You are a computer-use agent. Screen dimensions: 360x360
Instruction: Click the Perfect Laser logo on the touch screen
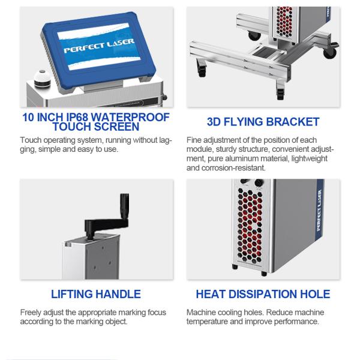coord(99,46)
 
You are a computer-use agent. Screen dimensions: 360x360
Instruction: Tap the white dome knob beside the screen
coord(42,78)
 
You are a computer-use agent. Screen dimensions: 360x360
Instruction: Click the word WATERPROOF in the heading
coord(130,118)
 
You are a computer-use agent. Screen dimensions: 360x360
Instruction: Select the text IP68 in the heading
coord(77,118)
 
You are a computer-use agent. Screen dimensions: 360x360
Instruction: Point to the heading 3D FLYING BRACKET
coord(263,122)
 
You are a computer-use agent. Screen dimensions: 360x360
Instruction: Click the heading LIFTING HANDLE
coord(96,294)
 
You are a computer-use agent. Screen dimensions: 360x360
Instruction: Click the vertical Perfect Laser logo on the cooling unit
coord(319,211)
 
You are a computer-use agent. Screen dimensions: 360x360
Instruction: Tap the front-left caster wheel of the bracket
coord(202,68)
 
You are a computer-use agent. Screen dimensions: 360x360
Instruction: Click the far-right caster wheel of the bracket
coord(330,52)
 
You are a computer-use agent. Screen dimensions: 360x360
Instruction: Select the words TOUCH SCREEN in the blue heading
coord(96,127)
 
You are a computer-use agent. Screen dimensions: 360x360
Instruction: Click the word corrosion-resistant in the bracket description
coord(233,168)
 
